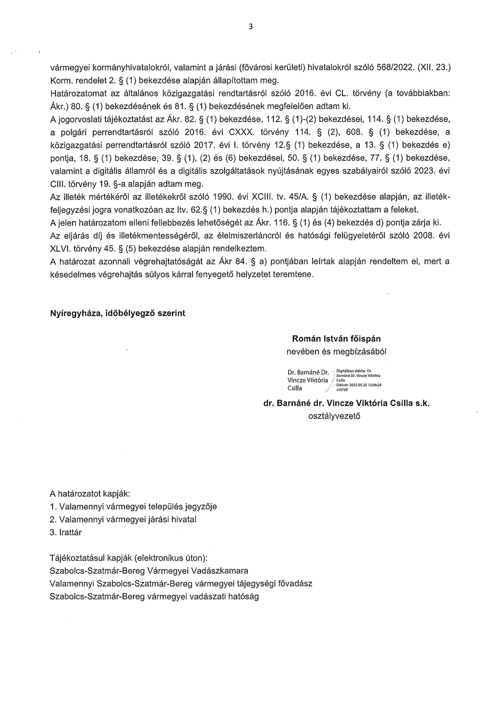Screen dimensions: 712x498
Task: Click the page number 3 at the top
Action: point(250,26)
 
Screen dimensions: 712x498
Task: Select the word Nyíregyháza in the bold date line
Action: point(75,313)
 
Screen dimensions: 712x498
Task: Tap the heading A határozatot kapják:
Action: point(90,494)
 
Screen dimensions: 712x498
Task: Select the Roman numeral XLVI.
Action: point(61,248)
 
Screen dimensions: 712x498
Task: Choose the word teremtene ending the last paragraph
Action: point(293,274)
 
